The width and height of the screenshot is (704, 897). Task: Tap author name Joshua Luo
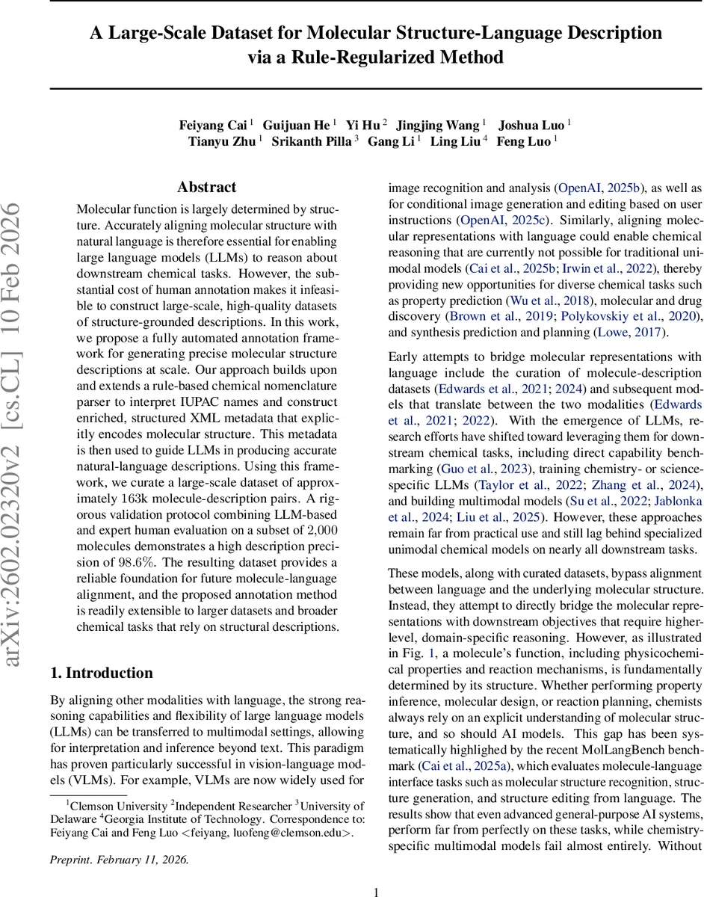tap(532, 124)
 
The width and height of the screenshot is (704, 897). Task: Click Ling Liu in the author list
tap(456, 141)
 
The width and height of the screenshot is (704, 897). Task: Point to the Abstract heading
tap(207, 187)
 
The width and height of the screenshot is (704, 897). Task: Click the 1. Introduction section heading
tap(102, 673)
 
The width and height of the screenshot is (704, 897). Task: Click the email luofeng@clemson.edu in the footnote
tap(294, 812)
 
